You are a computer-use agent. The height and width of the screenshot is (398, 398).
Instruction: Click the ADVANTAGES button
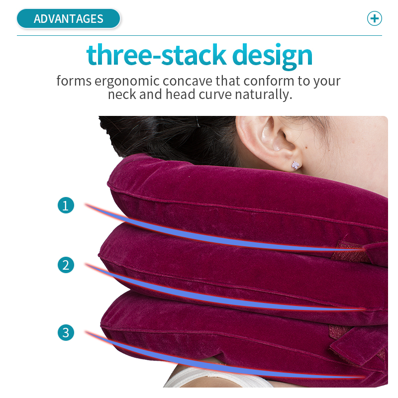point(68,18)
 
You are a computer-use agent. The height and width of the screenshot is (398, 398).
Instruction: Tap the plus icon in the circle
point(375,18)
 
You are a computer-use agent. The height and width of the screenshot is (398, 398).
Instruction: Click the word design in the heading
point(272,56)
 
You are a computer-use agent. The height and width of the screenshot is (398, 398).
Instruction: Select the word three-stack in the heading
point(156,55)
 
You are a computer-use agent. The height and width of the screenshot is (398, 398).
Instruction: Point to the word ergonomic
point(127,82)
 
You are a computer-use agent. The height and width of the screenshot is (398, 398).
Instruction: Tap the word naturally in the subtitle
point(264,95)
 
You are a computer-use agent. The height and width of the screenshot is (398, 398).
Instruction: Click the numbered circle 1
point(66,205)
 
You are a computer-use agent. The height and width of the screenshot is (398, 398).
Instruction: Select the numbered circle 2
point(66,265)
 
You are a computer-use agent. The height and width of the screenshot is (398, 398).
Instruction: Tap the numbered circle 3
point(66,332)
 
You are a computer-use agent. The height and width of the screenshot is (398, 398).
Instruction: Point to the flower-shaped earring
point(295,165)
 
